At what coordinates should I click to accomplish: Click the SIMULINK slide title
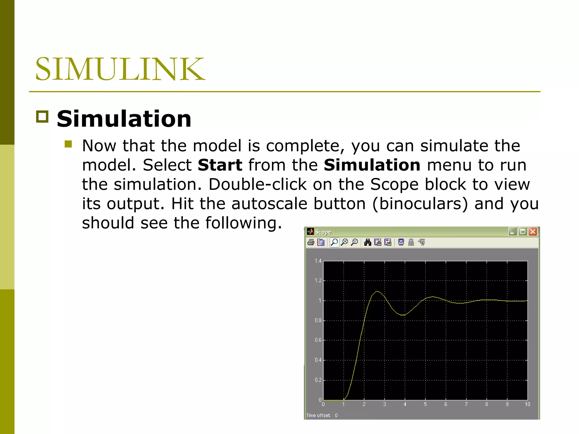pos(120,69)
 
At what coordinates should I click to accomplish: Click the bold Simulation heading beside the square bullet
pos(124,119)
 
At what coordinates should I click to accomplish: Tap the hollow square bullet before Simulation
pos(42,117)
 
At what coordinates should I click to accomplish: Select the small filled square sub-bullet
pos(68,144)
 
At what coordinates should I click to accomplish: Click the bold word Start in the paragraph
pos(220,165)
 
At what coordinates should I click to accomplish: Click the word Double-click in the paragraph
pos(257,185)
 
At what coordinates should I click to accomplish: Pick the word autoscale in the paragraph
pos(269,204)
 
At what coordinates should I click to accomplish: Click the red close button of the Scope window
pos(533,232)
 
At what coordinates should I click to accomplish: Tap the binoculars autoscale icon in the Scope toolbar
pos(368,242)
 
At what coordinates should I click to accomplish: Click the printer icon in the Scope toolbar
pos(311,242)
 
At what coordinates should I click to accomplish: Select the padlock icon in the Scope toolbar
pos(411,242)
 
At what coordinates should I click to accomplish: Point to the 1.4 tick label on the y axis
pos(318,261)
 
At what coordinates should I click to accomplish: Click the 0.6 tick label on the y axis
pos(318,340)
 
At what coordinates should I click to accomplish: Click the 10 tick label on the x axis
pos(527,404)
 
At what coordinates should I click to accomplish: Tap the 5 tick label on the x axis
pos(425,404)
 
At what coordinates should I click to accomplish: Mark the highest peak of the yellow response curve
pos(377,291)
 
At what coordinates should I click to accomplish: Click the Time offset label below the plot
pos(318,415)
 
